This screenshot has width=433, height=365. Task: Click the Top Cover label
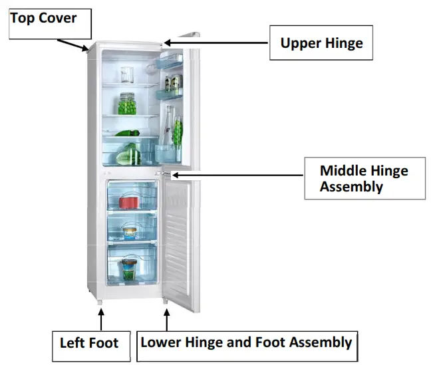coord(43,18)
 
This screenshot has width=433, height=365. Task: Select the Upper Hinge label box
coord(321,44)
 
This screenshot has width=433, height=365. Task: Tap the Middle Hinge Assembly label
coord(364,178)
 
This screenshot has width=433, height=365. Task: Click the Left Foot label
coord(89,343)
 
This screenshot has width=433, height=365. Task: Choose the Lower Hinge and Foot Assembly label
coord(246,343)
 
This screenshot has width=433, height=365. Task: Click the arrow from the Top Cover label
coord(72,44)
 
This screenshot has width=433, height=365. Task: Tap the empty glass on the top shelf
coord(127,74)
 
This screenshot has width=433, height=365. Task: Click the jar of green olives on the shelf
coord(127,104)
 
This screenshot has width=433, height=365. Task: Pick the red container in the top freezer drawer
coord(128,201)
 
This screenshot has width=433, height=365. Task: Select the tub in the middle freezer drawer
coord(129,233)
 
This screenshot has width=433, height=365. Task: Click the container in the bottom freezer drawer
coord(129,269)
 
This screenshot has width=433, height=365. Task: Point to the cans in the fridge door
coord(172,84)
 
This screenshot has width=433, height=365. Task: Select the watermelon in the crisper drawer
coord(128,156)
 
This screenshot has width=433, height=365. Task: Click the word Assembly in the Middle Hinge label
coord(351,187)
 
